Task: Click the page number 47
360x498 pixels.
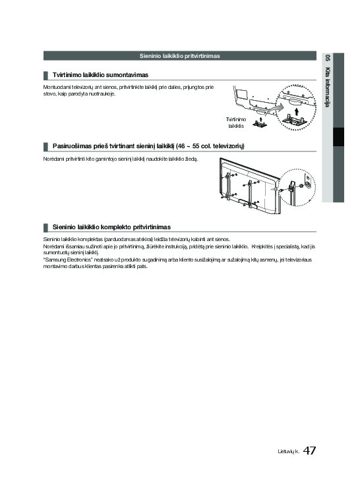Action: (309, 451)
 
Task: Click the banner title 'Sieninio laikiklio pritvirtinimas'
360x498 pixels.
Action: (180, 56)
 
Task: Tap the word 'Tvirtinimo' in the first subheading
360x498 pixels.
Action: (67, 75)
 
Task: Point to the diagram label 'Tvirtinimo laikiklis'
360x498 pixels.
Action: (236, 123)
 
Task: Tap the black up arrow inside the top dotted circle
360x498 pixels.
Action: (297, 111)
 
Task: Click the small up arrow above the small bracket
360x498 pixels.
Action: (260, 119)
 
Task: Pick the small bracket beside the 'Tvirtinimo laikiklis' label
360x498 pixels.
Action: (260, 124)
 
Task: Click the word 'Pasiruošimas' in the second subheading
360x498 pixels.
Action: (72, 146)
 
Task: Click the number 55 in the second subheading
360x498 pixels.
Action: (196, 146)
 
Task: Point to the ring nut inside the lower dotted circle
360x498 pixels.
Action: (301, 186)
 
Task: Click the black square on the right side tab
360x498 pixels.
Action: (338, 137)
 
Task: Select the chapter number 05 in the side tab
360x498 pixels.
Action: (327, 59)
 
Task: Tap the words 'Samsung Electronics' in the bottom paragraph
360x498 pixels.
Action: (68, 260)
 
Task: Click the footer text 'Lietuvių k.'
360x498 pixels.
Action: (288, 451)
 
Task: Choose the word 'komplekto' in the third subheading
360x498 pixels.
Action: (116, 227)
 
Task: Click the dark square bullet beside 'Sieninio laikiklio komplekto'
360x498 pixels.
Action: (45, 227)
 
